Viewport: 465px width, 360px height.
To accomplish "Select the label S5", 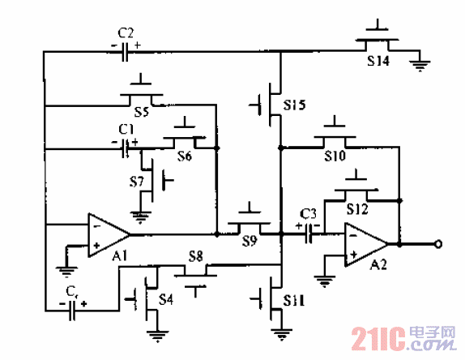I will (x=140, y=114).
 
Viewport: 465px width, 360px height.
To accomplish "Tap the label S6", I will (x=182, y=157).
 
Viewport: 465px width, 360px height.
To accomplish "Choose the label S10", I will (x=335, y=154).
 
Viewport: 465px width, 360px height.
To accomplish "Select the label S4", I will (x=166, y=299).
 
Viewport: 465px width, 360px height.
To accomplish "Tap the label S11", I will (x=294, y=302).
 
